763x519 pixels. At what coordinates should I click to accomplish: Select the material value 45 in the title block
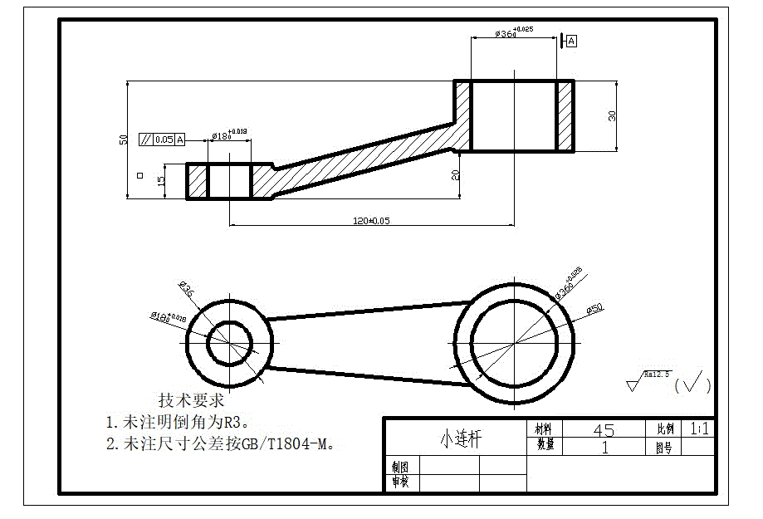click(x=604, y=429)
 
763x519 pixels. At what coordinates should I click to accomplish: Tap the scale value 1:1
click(x=699, y=428)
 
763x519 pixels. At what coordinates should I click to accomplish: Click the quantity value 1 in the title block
click(x=604, y=447)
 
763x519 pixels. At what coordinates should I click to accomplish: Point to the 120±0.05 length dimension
click(x=370, y=220)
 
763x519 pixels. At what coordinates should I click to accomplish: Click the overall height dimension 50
click(x=124, y=140)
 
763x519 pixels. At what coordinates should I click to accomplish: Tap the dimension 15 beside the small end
click(x=162, y=180)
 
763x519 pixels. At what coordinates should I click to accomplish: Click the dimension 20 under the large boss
click(x=455, y=174)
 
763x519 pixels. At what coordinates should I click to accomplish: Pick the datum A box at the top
click(x=571, y=40)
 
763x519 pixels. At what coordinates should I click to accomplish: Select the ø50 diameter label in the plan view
click(x=594, y=308)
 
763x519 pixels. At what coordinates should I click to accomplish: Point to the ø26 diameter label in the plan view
click(x=186, y=290)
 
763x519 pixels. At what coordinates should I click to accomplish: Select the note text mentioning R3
click(x=177, y=422)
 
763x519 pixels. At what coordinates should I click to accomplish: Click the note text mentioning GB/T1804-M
click(x=221, y=444)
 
